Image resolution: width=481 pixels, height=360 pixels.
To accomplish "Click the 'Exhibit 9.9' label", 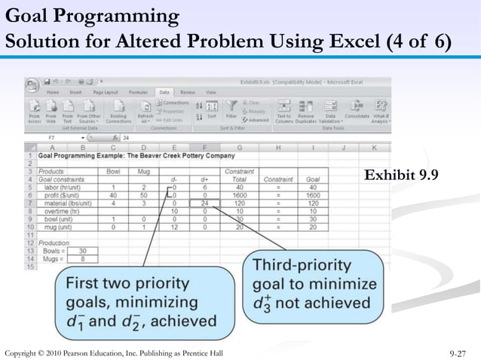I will pyautogui.click(x=402, y=176).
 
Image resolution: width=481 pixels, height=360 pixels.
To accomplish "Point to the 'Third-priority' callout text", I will pyautogui.click(x=302, y=266).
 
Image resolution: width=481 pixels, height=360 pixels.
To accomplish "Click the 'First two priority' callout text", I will pyautogui.click(x=127, y=285).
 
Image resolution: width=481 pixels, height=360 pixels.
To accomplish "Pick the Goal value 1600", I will pyautogui.click(x=313, y=195).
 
